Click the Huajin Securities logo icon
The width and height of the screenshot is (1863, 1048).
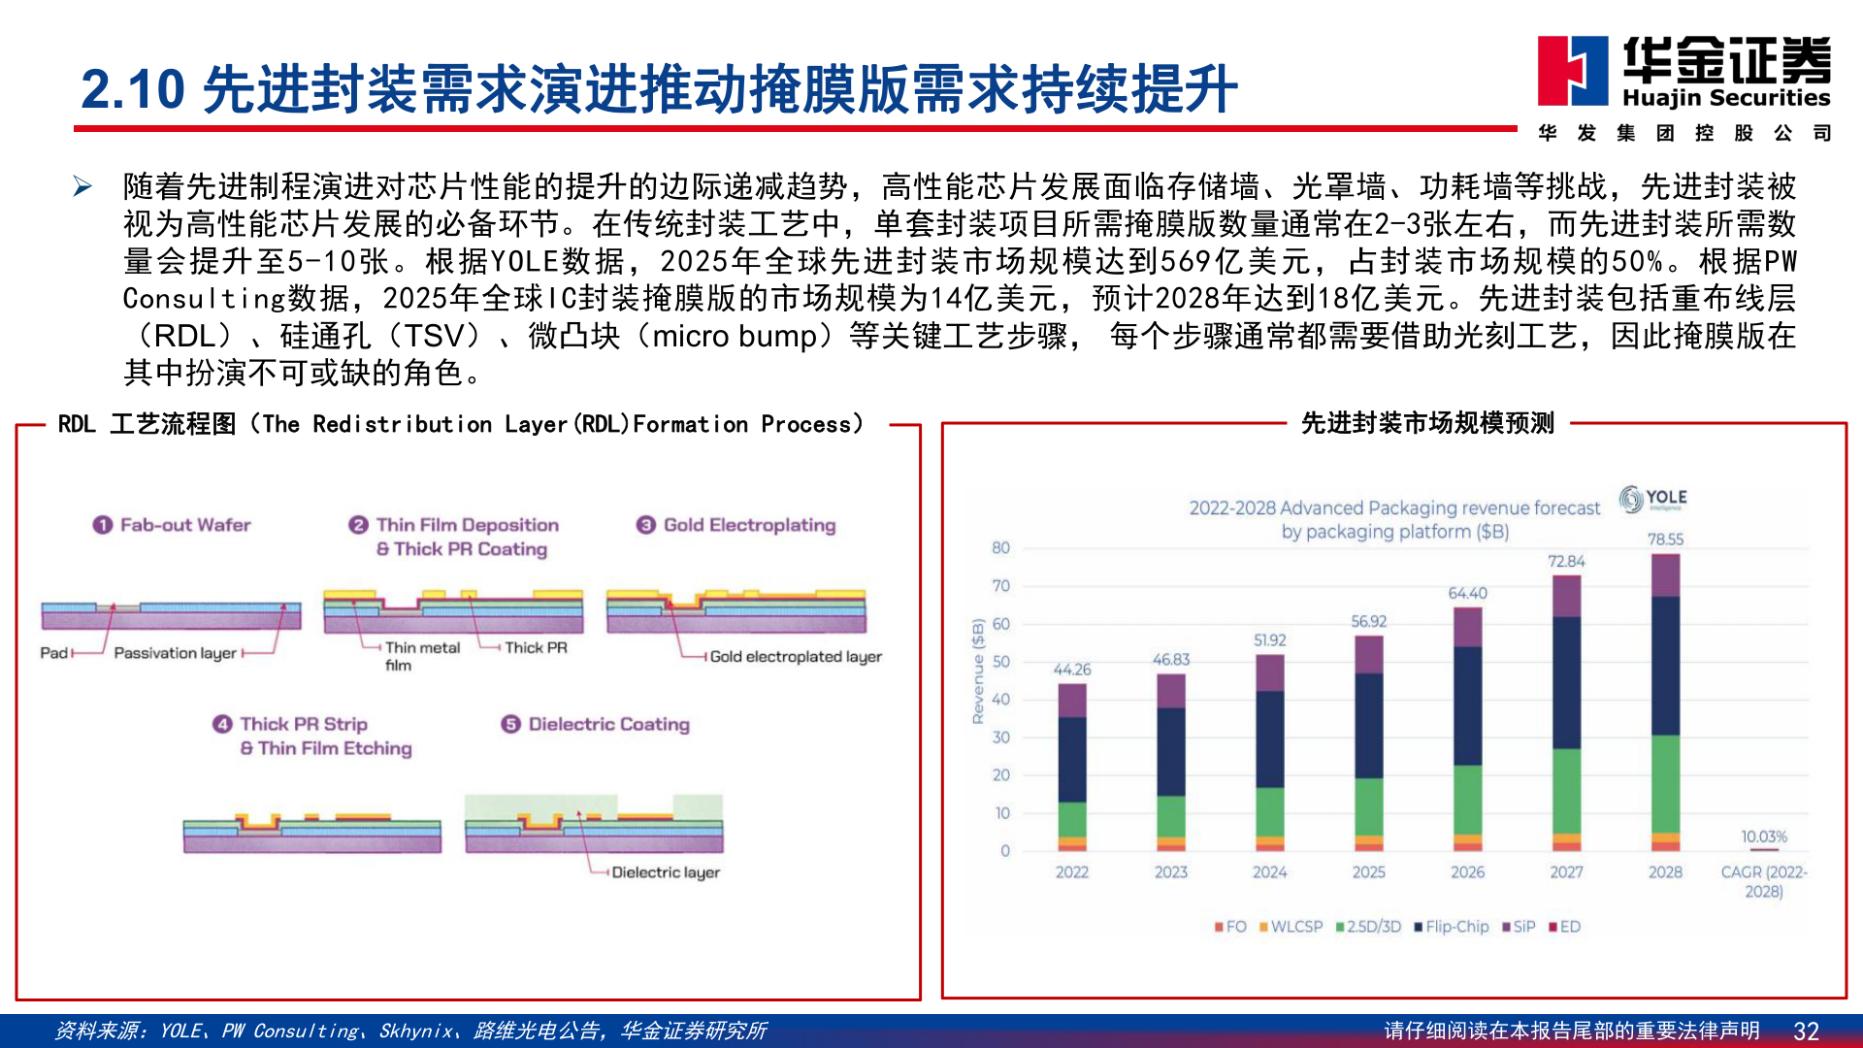(x=1572, y=70)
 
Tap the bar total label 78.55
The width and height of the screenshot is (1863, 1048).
(x=1665, y=540)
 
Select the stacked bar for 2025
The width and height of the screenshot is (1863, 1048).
(x=1368, y=743)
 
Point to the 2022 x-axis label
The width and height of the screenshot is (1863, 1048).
(x=1072, y=872)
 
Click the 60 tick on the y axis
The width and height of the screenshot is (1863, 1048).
(x=1000, y=624)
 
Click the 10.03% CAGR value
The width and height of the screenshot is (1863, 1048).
(x=1763, y=836)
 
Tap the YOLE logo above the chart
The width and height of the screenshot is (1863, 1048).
(x=1653, y=499)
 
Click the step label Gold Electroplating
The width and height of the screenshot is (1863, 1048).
(x=749, y=525)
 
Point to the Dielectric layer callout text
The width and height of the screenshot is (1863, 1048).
(x=666, y=872)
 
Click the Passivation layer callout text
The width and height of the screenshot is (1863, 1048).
(x=175, y=653)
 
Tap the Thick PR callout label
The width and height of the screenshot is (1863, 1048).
(x=536, y=647)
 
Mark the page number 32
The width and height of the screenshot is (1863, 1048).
(x=1806, y=1031)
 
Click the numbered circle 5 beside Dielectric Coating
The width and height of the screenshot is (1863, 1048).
(x=510, y=724)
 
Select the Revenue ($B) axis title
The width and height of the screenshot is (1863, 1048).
(x=978, y=671)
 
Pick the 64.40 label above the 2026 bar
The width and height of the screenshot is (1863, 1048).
(x=1467, y=593)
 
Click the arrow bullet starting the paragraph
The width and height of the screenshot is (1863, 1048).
(x=82, y=186)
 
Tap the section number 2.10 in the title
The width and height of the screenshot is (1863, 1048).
(x=133, y=89)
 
